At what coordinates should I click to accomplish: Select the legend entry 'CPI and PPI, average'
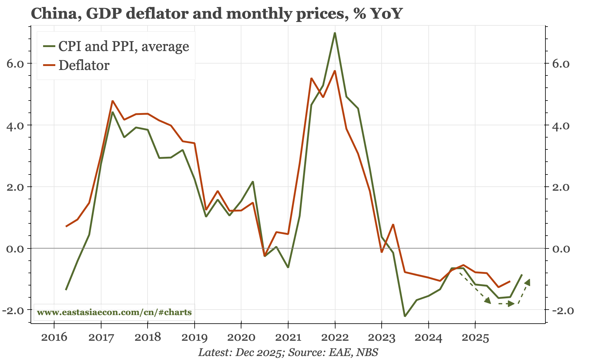(x=123, y=46)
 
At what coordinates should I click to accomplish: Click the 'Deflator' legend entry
(x=84, y=65)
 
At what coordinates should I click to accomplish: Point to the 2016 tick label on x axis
(x=54, y=337)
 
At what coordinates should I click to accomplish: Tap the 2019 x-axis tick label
(x=194, y=337)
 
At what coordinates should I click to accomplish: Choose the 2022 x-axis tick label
(x=335, y=337)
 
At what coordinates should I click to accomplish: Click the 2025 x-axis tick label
(x=475, y=337)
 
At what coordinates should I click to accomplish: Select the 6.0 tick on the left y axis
(x=15, y=64)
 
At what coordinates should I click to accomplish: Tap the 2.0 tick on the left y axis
(x=15, y=187)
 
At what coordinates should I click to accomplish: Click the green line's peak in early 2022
(x=335, y=33)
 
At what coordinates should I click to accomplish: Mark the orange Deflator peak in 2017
(x=112, y=101)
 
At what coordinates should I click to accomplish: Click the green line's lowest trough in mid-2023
(x=405, y=316)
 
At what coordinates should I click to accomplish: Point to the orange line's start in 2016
(x=66, y=226)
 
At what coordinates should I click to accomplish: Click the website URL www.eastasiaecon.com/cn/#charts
(x=114, y=312)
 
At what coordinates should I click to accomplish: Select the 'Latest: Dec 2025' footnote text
(x=240, y=352)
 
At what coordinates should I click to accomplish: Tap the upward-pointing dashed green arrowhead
(x=528, y=282)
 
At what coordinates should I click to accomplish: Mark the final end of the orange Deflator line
(x=510, y=281)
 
